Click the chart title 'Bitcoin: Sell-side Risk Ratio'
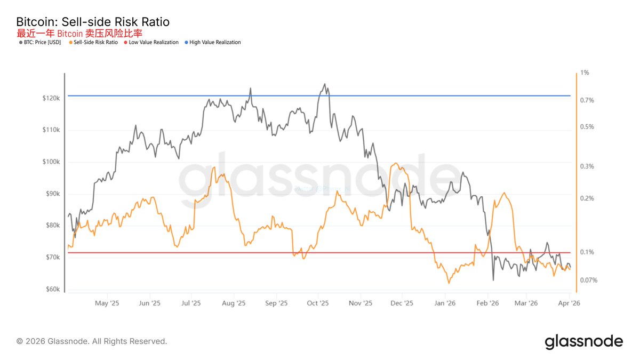[x=93, y=22]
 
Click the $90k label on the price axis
[x=53, y=194]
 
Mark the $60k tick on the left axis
[x=53, y=290]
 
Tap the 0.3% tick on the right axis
[x=587, y=166]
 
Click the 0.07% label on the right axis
[x=589, y=280]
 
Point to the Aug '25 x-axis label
[x=233, y=303]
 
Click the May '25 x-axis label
[x=107, y=303]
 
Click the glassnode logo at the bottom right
[x=583, y=341]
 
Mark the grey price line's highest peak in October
[x=324, y=84]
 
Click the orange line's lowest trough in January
[x=449, y=283]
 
